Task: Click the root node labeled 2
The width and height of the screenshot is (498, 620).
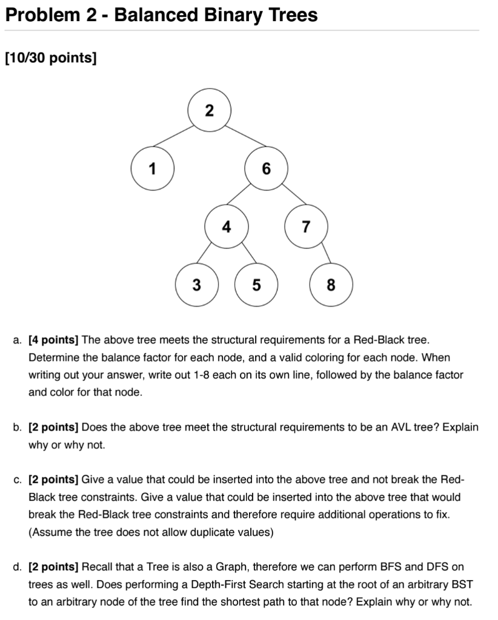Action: [210, 111]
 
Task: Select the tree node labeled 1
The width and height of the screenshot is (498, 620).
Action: [152, 168]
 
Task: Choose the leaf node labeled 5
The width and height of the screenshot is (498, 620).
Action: [256, 285]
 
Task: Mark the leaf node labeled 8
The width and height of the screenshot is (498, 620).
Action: [330, 285]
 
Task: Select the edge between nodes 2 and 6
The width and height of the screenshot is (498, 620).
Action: [239, 139]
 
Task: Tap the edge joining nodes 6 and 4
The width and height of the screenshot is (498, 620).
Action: [247, 197]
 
